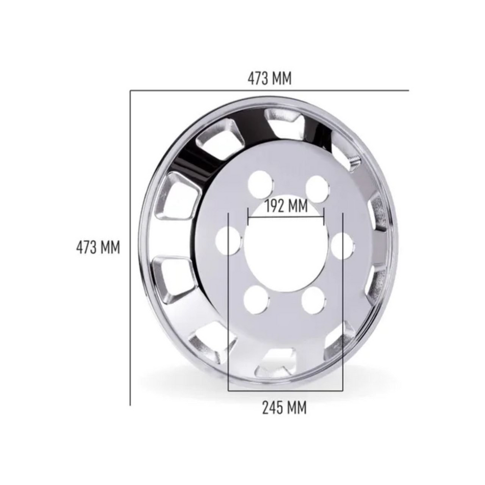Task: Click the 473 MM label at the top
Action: point(270,78)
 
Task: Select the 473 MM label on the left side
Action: point(98,248)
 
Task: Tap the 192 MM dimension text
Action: point(286,206)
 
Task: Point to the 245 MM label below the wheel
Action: point(284,408)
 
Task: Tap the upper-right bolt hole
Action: point(317,188)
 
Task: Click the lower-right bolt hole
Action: point(313,301)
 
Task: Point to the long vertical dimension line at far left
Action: point(131,306)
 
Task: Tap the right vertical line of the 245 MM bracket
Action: point(343,332)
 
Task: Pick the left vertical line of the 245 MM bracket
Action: point(228,332)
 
